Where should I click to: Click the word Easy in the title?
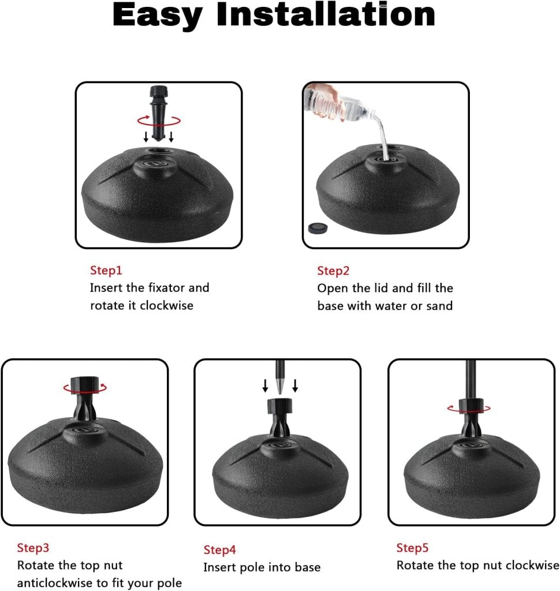coord(158,16)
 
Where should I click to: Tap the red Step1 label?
coord(106,270)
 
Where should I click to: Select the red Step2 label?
coord(334,271)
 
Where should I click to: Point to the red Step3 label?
coord(33,548)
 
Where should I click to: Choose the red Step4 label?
coord(220,550)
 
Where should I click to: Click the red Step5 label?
coord(412,548)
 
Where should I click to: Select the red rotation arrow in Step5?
coord(469,409)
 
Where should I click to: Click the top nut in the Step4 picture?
coord(280,406)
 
